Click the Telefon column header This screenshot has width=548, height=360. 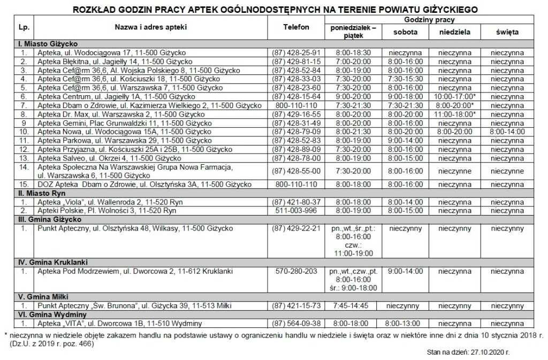(296, 27)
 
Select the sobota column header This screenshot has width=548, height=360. (405, 32)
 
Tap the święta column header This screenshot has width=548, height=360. (507, 32)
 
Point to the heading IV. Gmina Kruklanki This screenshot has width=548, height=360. (52, 263)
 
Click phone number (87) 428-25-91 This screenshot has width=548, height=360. (296, 53)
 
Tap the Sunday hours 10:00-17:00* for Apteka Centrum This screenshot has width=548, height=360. (454, 96)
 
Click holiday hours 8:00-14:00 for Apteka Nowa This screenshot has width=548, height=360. (507, 131)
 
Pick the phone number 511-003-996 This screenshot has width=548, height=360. (296, 211)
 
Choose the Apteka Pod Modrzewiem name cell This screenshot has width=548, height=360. (135, 272)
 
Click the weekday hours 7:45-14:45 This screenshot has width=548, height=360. (353, 306)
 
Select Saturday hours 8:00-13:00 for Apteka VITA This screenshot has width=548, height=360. (405, 324)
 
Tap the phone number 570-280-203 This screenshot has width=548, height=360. (296, 272)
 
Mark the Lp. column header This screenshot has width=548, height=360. (24, 27)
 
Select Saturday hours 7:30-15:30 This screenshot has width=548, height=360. (405, 79)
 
